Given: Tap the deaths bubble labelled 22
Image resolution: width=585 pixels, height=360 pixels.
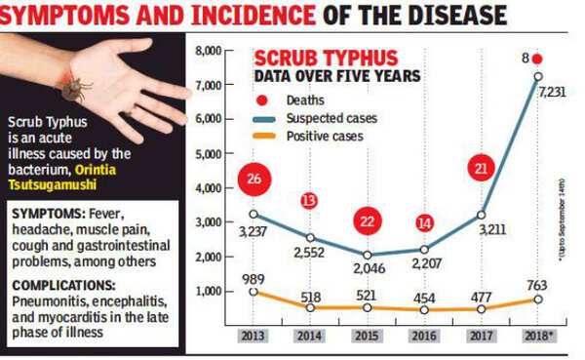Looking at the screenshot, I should click(367, 221).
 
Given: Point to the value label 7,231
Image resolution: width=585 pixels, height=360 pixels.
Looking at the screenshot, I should click(552, 93).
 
